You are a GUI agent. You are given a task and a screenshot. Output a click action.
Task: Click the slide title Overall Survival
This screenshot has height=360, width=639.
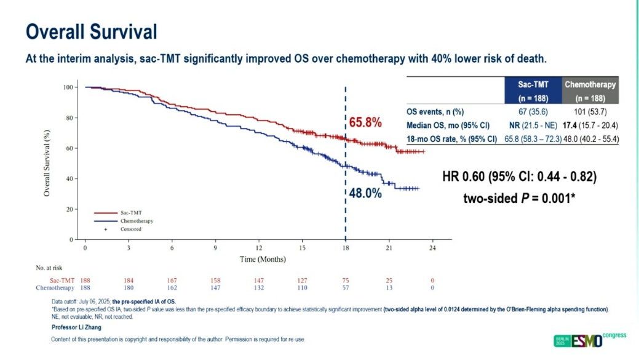[x=91, y=31]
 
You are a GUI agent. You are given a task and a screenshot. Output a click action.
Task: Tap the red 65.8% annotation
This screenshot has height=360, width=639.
[x=365, y=122]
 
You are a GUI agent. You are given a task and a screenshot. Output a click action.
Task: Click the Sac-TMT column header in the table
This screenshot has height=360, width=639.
[x=533, y=90]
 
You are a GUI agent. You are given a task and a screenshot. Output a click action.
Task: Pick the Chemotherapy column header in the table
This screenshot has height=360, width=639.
[x=590, y=90]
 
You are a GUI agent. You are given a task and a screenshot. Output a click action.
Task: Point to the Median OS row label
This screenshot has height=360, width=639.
[x=448, y=125]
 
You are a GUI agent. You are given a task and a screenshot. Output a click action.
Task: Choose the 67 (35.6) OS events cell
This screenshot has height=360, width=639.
[x=533, y=111]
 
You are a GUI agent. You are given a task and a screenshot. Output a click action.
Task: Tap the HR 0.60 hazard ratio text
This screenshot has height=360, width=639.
[x=519, y=177]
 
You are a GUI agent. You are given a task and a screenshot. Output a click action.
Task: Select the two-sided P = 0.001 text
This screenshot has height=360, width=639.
[x=519, y=198]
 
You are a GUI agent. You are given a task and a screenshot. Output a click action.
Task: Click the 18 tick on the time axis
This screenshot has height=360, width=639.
[x=345, y=248]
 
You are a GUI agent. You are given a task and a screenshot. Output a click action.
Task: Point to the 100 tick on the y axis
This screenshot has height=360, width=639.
[x=67, y=87]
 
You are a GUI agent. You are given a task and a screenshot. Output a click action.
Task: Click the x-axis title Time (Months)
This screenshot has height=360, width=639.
[x=263, y=259]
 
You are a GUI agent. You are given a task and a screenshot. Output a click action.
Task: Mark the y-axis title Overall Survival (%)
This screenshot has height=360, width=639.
[x=47, y=163]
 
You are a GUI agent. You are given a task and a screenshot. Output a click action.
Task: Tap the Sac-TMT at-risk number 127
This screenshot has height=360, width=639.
[x=302, y=281]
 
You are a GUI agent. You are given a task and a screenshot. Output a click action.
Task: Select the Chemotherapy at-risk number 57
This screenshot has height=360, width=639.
[x=345, y=288]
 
